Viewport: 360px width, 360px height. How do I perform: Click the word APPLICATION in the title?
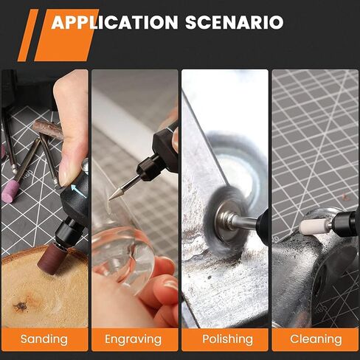(115, 22)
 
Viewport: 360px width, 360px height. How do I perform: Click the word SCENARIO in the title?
(235, 22)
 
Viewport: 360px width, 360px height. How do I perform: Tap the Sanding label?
(44, 339)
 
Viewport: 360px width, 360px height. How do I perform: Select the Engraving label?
(134, 340)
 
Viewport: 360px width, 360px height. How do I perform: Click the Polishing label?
(228, 339)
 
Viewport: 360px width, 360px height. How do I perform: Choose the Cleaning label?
(316, 339)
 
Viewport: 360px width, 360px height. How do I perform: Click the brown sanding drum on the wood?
(52, 258)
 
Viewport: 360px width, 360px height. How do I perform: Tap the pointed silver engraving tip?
(117, 193)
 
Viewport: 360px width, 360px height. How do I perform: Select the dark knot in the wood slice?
(21, 305)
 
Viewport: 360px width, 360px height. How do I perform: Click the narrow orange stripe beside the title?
(28, 35)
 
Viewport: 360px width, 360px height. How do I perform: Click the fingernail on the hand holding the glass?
(171, 285)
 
